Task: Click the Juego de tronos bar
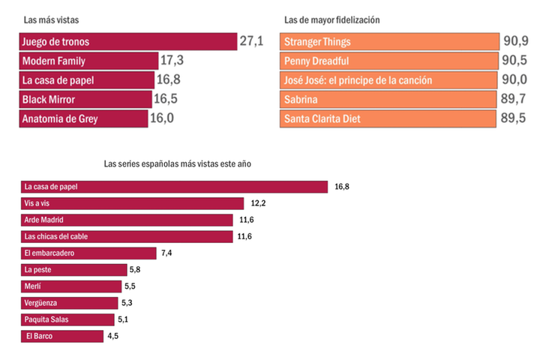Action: (x=127, y=41)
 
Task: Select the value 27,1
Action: (x=251, y=41)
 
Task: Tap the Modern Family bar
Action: (x=88, y=61)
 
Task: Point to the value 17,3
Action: (x=172, y=61)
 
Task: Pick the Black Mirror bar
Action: (x=85, y=99)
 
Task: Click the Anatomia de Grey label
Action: (x=60, y=118)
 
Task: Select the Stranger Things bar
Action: (x=389, y=41)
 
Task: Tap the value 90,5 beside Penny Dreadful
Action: (x=515, y=61)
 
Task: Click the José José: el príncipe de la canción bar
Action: (x=389, y=80)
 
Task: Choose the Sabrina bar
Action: (x=389, y=99)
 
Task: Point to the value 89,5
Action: (x=515, y=118)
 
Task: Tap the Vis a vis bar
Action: (x=132, y=203)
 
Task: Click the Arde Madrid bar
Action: (x=127, y=220)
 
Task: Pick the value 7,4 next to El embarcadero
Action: (x=166, y=253)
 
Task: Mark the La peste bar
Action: (x=73, y=269)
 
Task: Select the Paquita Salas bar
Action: (x=67, y=319)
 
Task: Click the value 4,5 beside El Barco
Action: (x=113, y=336)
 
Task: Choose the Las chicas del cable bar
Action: (x=127, y=236)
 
